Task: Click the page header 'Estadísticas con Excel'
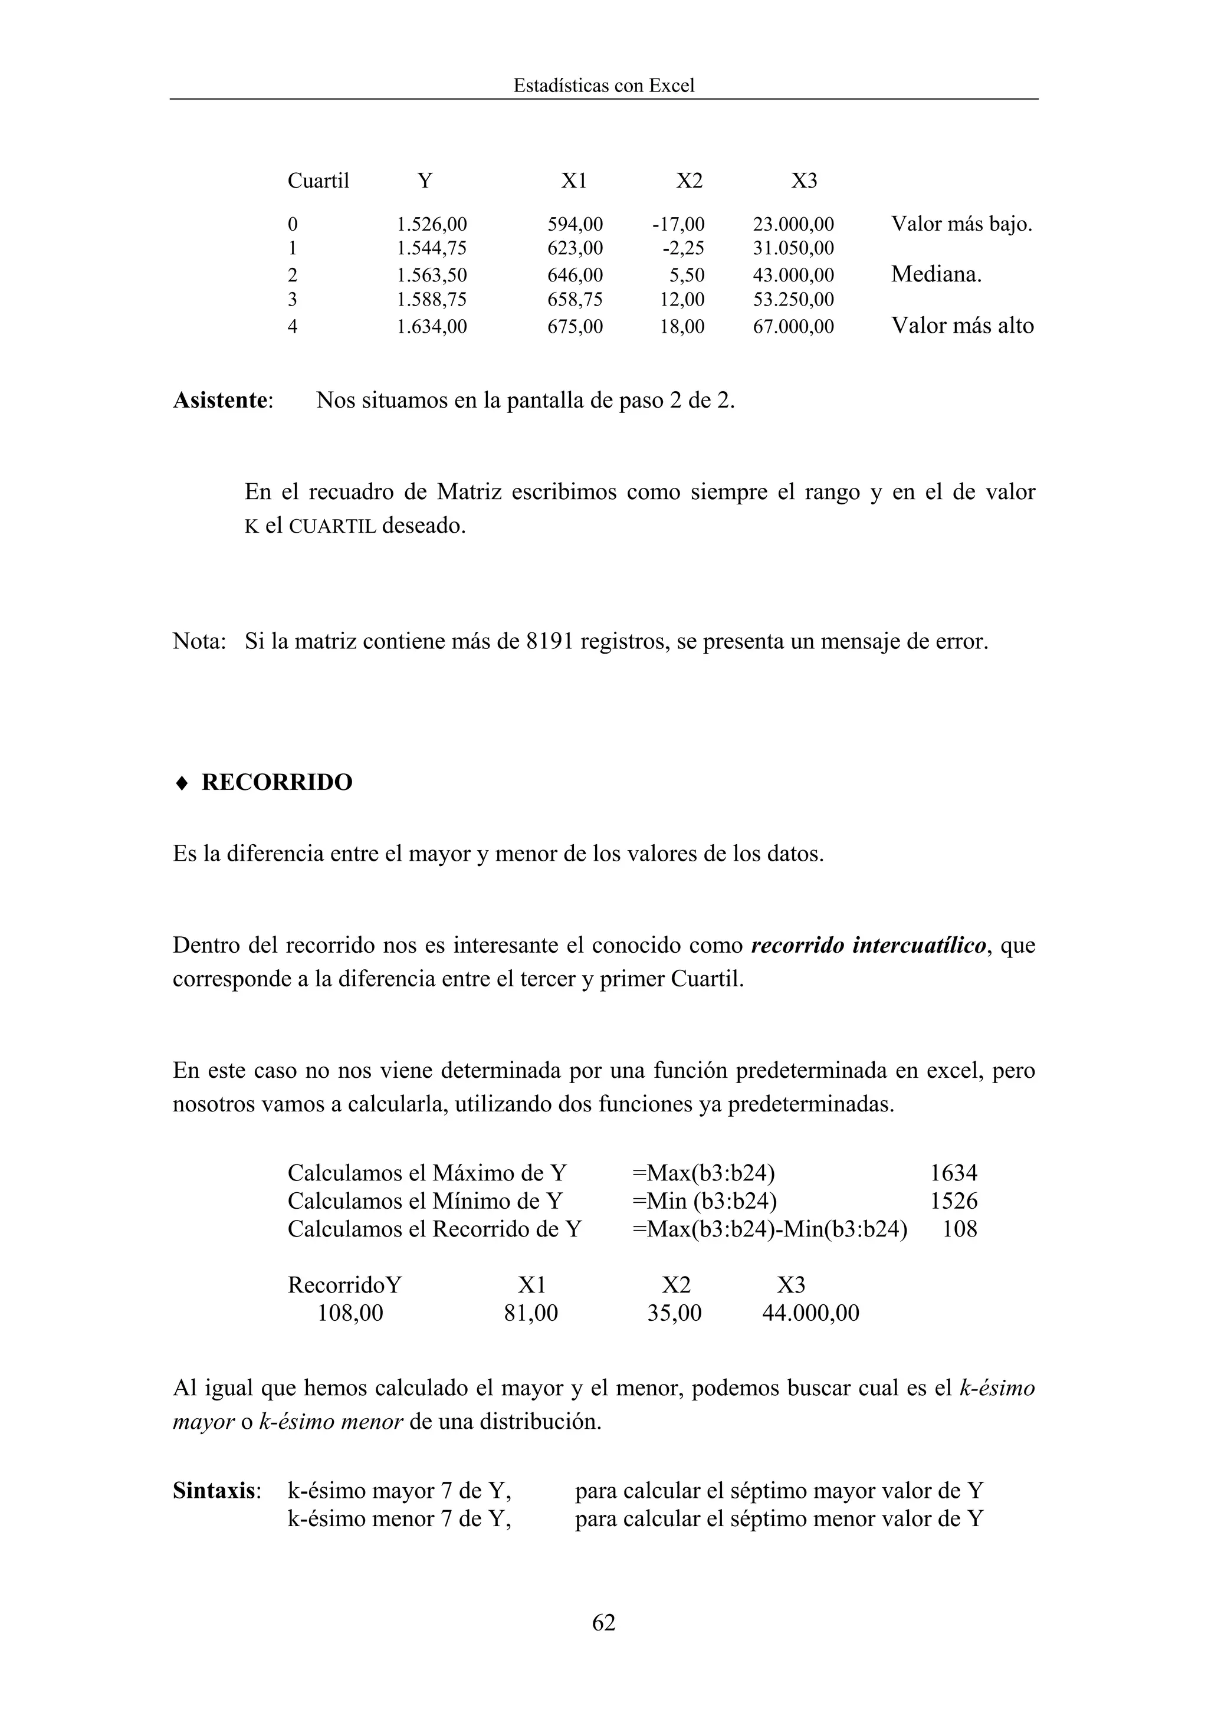pyautogui.click(x=603, y=86)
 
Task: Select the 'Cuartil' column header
pyautogui.click(x=318, y=181)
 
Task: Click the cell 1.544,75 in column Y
pyautogui.click(x=431, y=248)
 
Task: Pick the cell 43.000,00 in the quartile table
pyautogui.click(x=793, y=275)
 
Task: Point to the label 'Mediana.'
pyautogui.click(x=935, y=275)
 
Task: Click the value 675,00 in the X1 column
pyautogui.click(x=575, y=327)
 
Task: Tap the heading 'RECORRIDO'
pyautogui.click(x=277, y=782)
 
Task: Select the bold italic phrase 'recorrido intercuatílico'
pyautogui.click(x=869, y=945)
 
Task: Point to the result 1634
pyautogui.click(x=953, y=1173)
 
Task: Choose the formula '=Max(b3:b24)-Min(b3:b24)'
pyautogui.click(x=769, y=1228)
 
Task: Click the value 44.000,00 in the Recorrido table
pyautogui.click(x=810, y=1312)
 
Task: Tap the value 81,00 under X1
pyautogui.click(x=531, y=1312)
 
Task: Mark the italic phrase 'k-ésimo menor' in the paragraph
pyautogui.click(x=330, y=1422)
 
